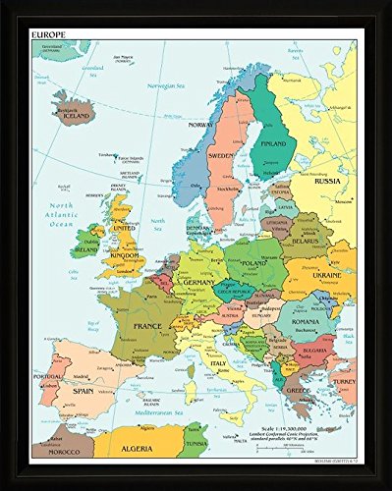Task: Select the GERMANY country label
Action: pos(200,281)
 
